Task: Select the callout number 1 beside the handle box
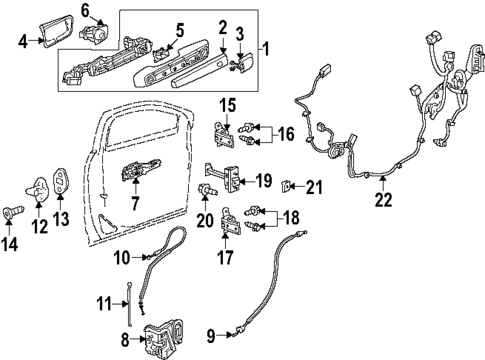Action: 265,48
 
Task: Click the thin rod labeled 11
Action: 132,300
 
